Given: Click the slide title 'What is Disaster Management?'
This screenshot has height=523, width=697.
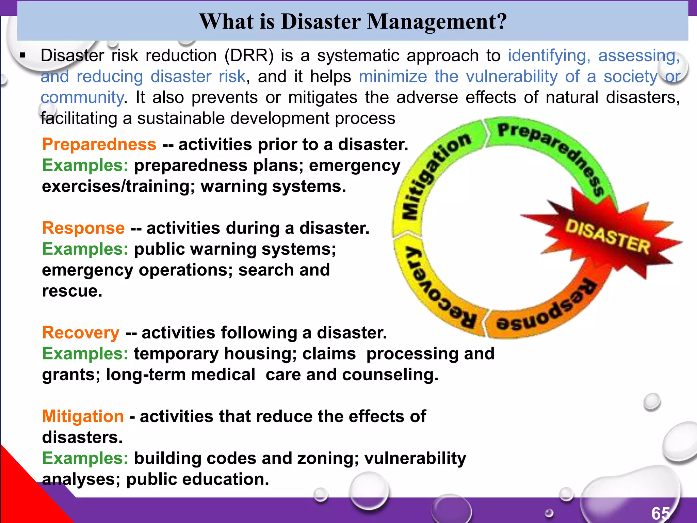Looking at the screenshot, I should [353, 22].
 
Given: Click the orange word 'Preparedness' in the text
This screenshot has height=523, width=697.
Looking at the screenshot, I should [99, 144].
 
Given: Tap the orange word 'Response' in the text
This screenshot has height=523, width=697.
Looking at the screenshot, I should [83, 228].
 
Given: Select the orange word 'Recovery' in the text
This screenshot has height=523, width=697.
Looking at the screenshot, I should [81, 333].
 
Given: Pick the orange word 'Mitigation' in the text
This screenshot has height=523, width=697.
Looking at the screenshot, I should [83, 416].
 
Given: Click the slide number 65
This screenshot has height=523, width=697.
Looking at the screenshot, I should [661, 513].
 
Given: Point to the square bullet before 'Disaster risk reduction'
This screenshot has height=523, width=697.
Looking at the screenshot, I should [23, 56].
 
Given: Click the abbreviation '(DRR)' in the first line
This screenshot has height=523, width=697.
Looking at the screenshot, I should [249, 56].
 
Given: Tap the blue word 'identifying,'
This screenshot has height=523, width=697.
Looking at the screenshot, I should [549, 56].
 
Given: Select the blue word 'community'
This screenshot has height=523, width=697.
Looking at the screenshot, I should [82, 98].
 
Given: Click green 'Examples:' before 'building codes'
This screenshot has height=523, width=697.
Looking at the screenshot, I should [85, 458].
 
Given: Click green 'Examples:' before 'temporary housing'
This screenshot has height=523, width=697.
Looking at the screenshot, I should [85, 354].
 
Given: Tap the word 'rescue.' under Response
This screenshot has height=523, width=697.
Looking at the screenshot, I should [72, 291].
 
